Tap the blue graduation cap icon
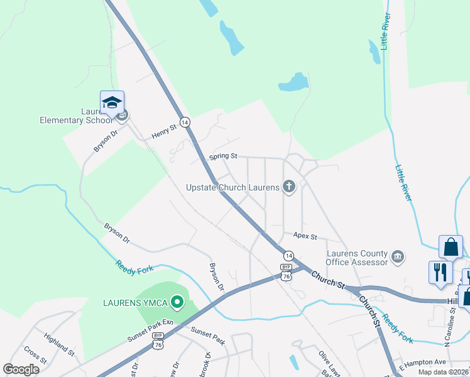pos(112,102)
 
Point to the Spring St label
pos(224,156)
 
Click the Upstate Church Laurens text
pos(232,187)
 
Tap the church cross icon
pos(288,185)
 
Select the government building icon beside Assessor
pos(397,256)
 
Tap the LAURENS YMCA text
pos(135,303)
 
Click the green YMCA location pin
pos(177,303)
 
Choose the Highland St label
pos(59,345)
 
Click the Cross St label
pos(35,355)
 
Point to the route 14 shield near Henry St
pos(185,122)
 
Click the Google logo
pos(21,369)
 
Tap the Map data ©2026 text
pos(443,372)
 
